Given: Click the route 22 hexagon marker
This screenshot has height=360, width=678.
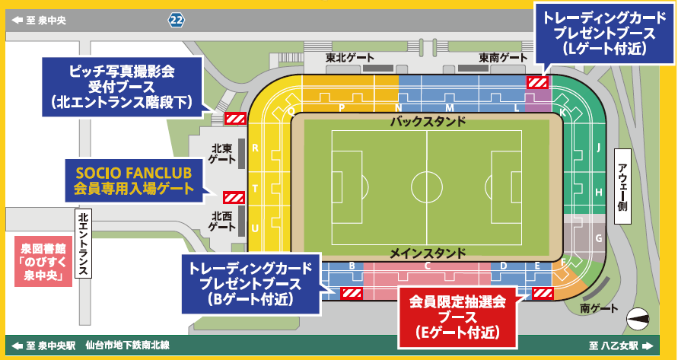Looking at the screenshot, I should [x=177, y=21].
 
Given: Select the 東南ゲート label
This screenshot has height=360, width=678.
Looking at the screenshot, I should [x=503, y=57].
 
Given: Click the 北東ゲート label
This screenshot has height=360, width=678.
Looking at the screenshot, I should [x=221, y=154].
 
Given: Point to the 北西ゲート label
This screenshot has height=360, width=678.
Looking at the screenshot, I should [x=221, y=221].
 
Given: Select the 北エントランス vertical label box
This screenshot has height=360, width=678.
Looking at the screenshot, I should [x=83, y=244].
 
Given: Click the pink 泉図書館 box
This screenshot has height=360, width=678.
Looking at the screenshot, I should [x=44, y=260].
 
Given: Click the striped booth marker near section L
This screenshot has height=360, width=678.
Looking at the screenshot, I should [x=538, y=82].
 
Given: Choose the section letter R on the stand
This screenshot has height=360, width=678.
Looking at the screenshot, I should [x=255, y=148].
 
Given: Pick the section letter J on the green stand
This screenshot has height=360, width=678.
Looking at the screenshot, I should [x=599, y=148].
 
